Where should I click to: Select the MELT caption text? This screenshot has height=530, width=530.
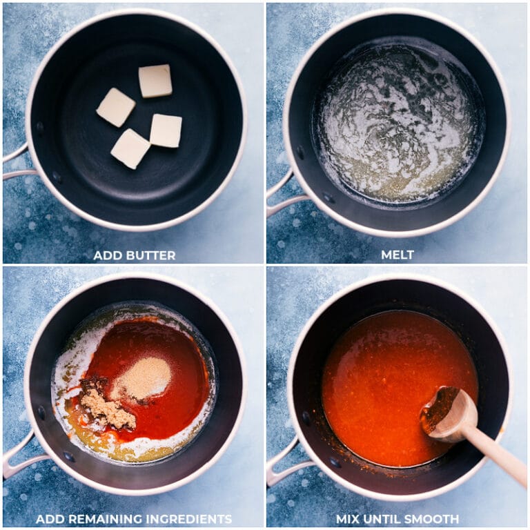[x=397, y=255]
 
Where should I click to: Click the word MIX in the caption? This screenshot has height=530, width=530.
[x=348, y=519]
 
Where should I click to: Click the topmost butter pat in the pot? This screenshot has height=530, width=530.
[x=155, y=81]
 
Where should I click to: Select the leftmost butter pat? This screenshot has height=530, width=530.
[x=116, y=108]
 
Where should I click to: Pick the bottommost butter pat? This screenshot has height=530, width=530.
[x=130, y=149]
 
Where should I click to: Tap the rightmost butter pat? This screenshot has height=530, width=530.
[x=166, y=131]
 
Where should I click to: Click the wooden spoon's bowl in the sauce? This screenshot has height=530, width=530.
[x=449, y=414]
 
